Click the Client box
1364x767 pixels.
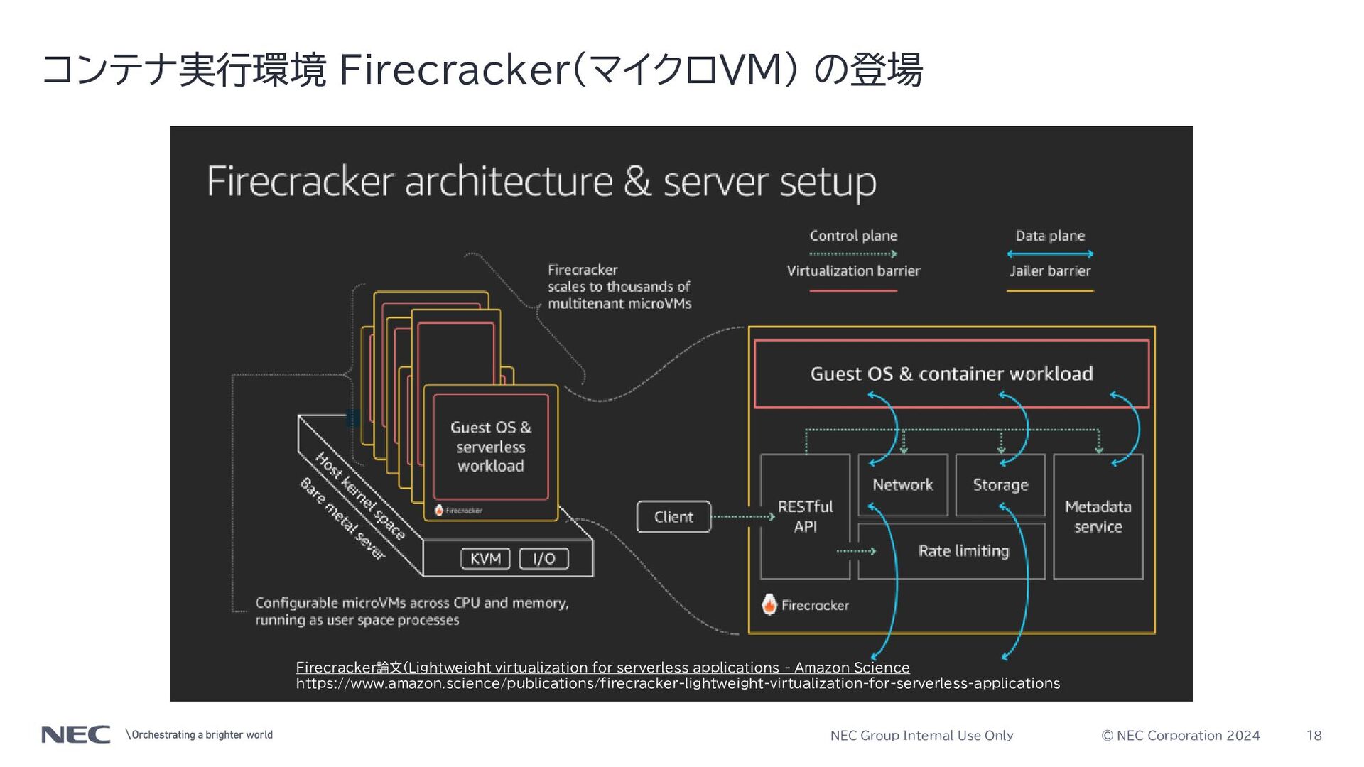(673, 517)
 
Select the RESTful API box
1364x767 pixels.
(805, 516)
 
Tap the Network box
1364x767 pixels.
(903, 485)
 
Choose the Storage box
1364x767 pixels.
(1000, 485)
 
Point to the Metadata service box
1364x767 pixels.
(1098, 516)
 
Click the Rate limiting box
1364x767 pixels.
(952, 551)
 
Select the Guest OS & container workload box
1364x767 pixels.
(951, 374)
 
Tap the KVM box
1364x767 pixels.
(486, 559)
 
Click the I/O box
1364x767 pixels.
(544, 559)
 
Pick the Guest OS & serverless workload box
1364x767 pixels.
(491, 447)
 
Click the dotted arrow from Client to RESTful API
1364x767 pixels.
(743, 517)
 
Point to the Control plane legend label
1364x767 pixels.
(853, 236)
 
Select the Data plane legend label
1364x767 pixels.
(1050, 236)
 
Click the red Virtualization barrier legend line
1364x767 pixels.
(853, 290)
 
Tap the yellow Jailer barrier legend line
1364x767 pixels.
(1050, 290)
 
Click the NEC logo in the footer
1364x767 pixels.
(76, 734)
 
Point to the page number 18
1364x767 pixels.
(1314, 736)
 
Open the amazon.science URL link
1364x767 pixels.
(678, 683)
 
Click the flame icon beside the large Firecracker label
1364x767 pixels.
(769, 604)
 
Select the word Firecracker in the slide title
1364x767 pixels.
(455, 70)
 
